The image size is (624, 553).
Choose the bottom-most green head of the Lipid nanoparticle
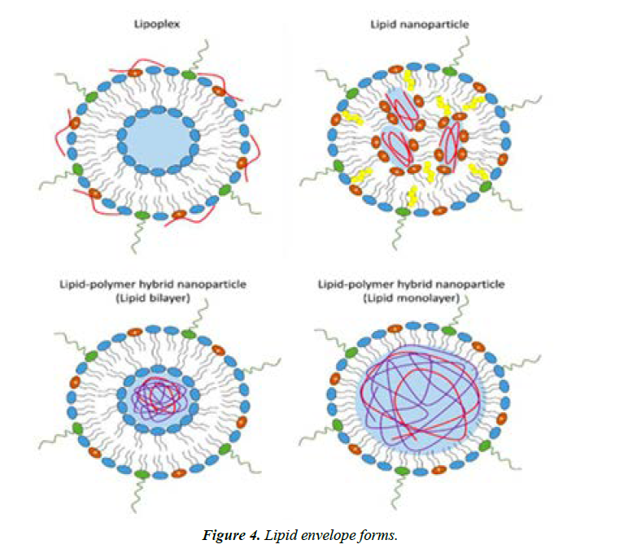click(401, 213)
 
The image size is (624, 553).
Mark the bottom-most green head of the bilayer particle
click(141, 473)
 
